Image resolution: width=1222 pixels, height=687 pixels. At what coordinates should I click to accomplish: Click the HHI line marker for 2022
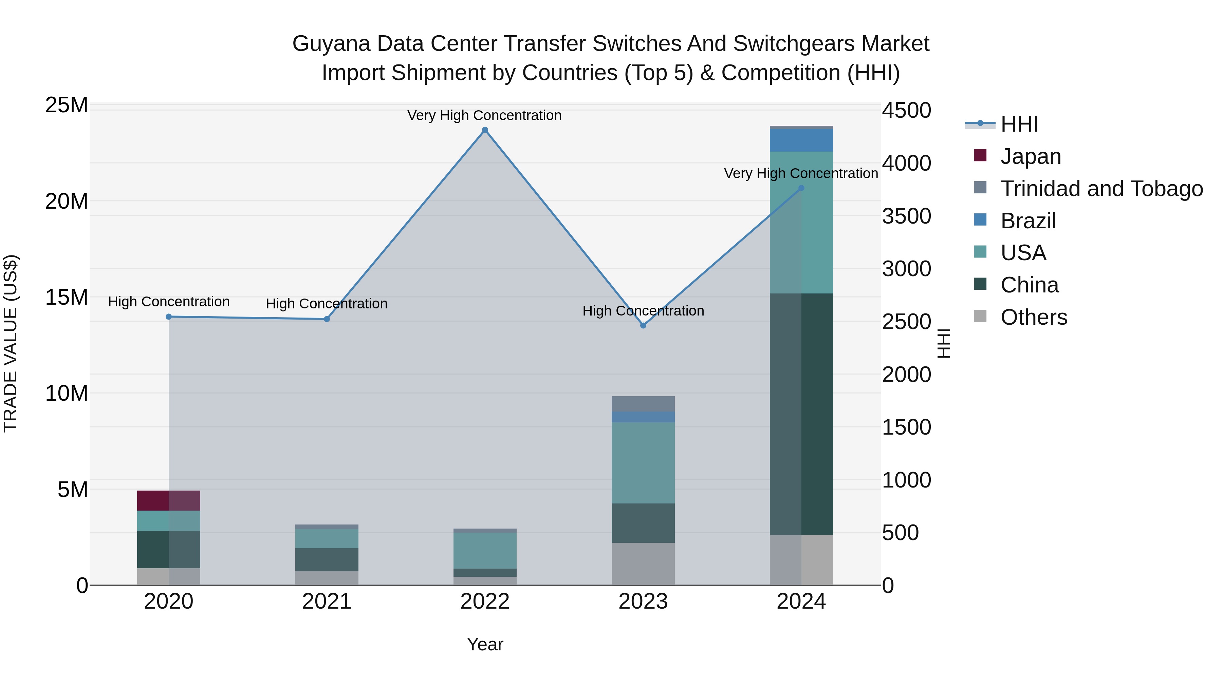pyautogui.click(x=485, y=130)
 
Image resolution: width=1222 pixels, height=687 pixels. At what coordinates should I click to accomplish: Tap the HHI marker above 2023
pyautogui.click(x=643, y=325)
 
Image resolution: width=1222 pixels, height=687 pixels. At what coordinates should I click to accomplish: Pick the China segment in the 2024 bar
pyautogui.click(x=801, y=414)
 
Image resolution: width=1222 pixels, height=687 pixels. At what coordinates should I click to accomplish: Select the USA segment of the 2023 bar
pyautogui.click(x=643, y=462)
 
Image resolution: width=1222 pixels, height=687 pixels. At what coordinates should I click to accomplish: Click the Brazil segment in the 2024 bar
pyautogui.click(x=801, y=140)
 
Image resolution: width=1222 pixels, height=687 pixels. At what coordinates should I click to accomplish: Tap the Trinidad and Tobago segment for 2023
pyautogui.click(x=643, y=404)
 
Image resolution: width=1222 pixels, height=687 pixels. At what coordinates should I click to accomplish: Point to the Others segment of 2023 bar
pyautogui.click(x=643, y=564)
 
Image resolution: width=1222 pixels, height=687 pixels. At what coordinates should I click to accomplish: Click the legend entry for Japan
pyautogui.click(x=1030, y=156)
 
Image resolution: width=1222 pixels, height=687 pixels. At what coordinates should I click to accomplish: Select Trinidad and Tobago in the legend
pyautogui.click(x=1101, y=189)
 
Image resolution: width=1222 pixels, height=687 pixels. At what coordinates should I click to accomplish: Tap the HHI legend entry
pyautogui.click(x=1019, y=124)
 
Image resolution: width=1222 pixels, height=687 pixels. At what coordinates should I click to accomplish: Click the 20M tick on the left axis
pyautogui.click(x=67, y=202)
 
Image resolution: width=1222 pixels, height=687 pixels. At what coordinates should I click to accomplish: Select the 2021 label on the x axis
pyautogui.click(x=327, y=602)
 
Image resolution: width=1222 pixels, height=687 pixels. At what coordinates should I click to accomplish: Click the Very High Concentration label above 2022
pyautogui.click(x=484, y=115)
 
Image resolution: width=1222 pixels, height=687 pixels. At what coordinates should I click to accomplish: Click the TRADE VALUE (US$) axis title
pyautogui.click(x=11, y=343)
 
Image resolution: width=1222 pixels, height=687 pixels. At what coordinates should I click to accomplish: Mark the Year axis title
pyautogui.click(x=485, y=644)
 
